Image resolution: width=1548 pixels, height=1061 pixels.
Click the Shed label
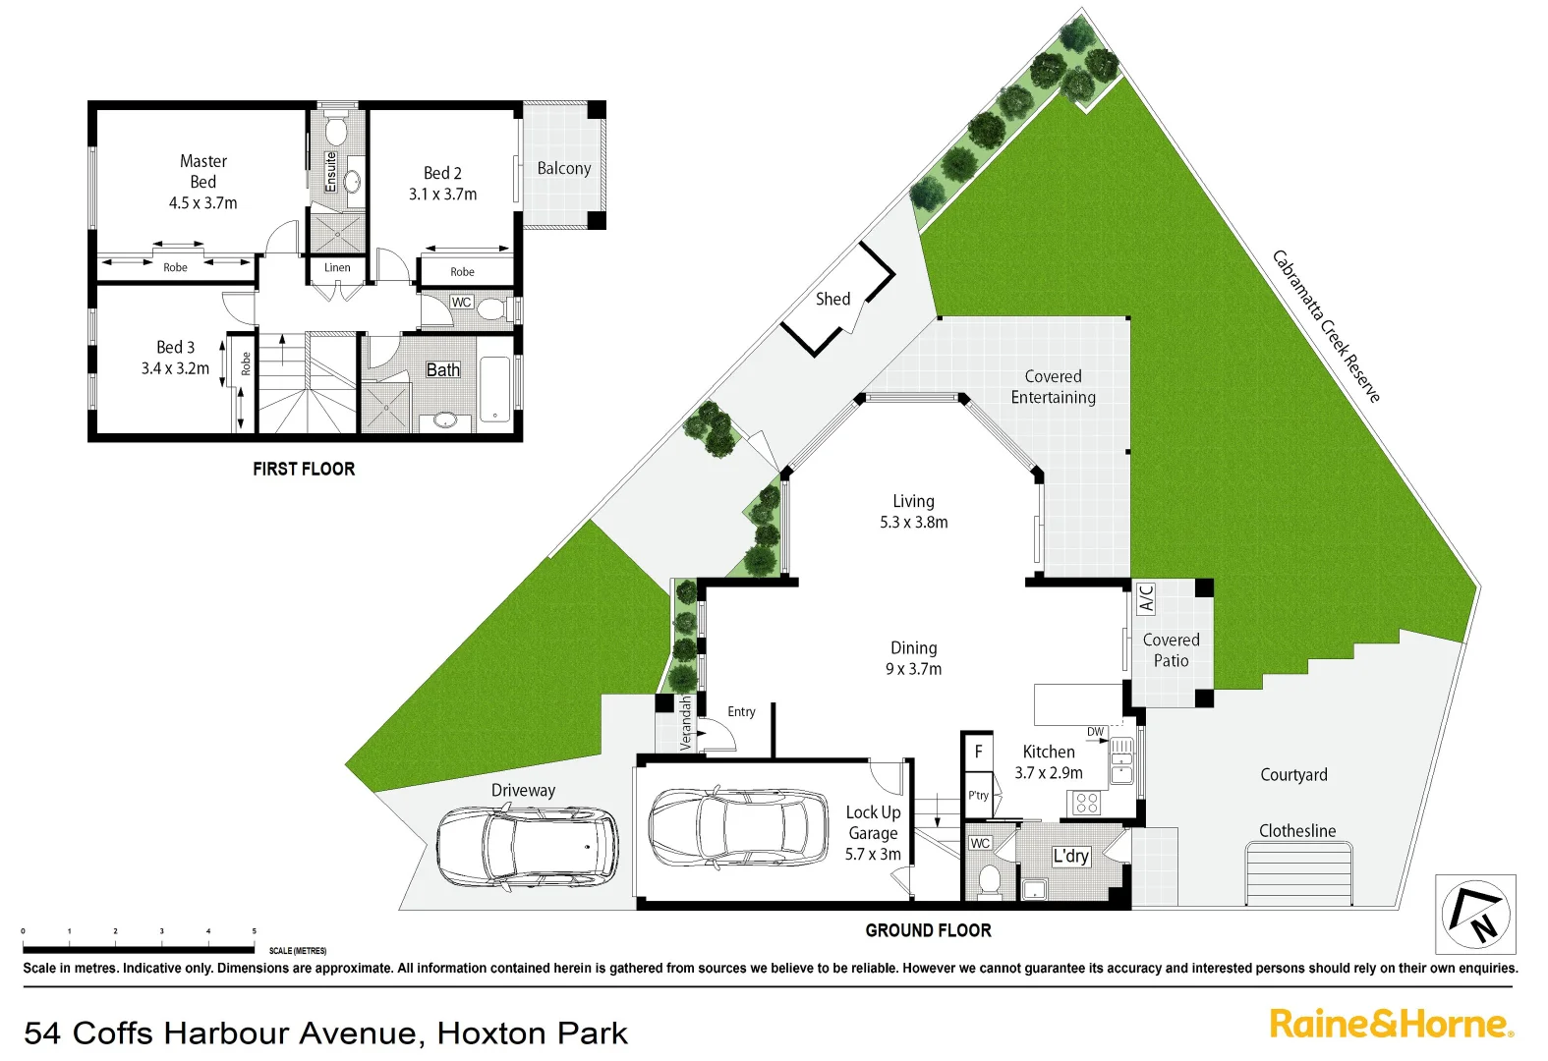pyautogui.click(x=832, y=299)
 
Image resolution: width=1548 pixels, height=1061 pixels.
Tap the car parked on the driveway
pyautogui.click(x=527, y=847)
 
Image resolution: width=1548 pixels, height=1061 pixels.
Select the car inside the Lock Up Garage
pyautogui.click(x=738, y=827)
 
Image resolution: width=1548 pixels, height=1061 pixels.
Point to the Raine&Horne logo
pyautogui.click(x=1391, y=1024)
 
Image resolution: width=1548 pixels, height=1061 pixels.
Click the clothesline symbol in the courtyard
pyautogui.click(x=1298, y=874)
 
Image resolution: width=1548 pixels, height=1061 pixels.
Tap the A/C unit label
pyautogui.click(x=1146, y=597)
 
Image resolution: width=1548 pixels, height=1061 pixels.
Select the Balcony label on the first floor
pyautogui.click(x=564, y=168)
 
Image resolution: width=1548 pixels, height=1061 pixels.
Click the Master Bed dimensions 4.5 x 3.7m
pyautogui.click(x=202, y=203)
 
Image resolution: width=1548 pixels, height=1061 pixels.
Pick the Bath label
pyautogui.click(x=442, y=369)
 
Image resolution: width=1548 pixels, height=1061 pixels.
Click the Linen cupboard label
pyautogui.click(x=337, y=267)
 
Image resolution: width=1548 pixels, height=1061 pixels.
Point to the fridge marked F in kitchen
pyautogui.click(x=978, y=752)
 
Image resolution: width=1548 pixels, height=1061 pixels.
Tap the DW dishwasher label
pyautogui.click(x=1095, y=731)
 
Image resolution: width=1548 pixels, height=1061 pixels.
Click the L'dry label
pyautogui.click(x=1070, y=856)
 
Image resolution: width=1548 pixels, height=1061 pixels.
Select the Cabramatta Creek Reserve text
pyautogui.click(x=1326, y=326)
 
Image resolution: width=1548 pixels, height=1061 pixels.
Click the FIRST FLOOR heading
pyautogui.click(x=304, y=470)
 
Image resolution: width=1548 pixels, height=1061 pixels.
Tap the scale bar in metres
pyautogui.click(x=139, y=949)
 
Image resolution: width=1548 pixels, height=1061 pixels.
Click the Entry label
pyautogui.click(x=741, y=711)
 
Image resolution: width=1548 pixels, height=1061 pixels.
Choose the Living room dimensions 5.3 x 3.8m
pyautogui.click(x=913, y=523)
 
